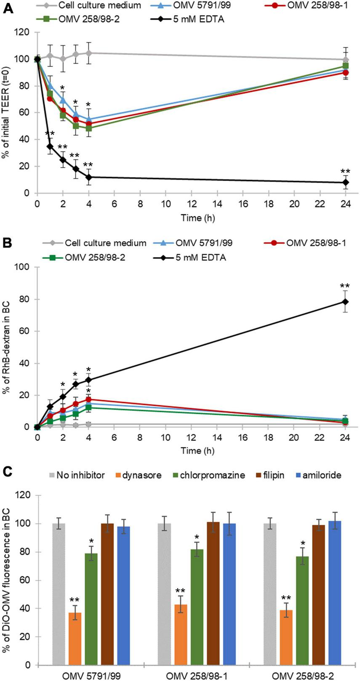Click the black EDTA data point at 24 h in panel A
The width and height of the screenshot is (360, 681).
(345, 182)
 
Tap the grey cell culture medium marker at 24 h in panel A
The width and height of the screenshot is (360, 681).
(345, 60)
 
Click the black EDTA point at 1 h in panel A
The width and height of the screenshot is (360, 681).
(50, 146)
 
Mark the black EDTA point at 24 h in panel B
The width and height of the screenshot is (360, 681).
(345, 301)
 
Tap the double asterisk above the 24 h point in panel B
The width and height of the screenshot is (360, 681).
(345, 287)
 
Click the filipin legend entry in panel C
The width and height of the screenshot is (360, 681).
(274, 475)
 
